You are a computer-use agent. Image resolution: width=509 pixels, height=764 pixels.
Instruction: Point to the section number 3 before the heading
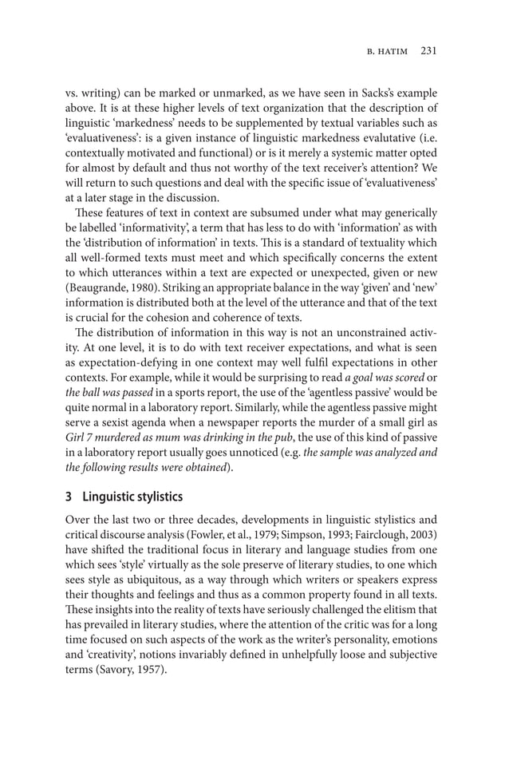[x=69, y=496]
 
